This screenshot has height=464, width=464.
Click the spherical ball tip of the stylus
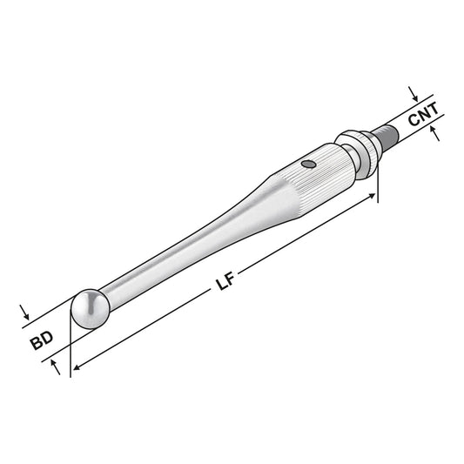click(89, 307)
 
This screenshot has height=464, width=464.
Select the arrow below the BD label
click(58, 368)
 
